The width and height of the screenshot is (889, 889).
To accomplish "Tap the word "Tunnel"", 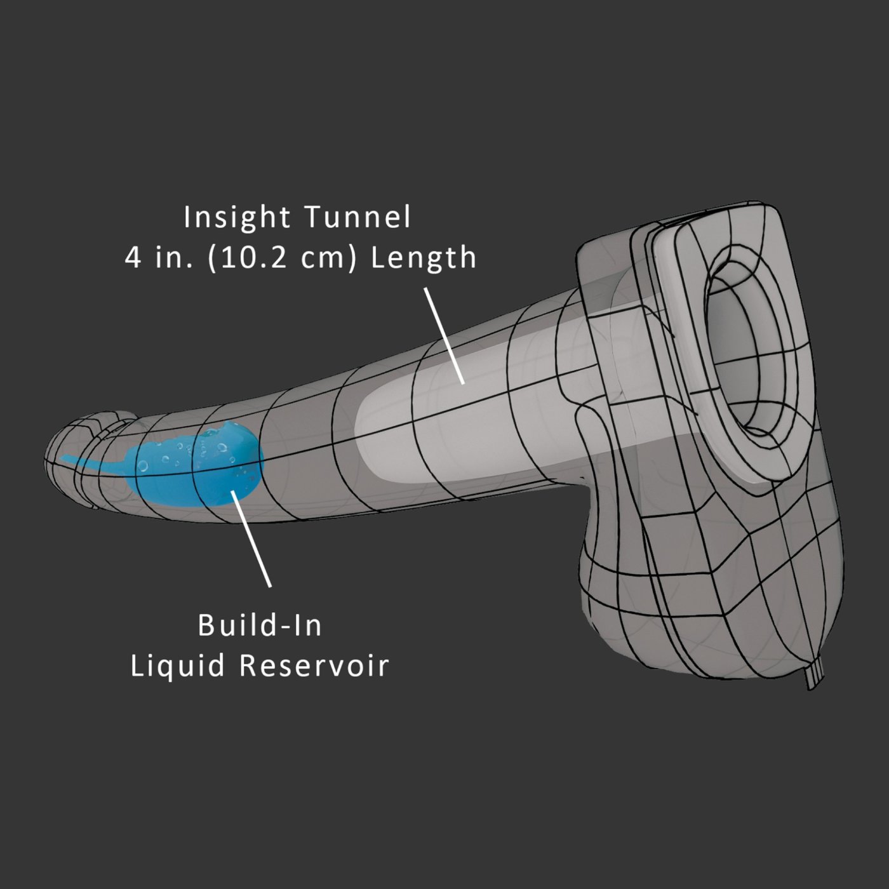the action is point(358,217).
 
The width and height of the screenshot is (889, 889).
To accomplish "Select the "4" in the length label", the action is point(133,258).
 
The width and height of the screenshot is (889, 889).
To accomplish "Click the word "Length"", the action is point(424,257).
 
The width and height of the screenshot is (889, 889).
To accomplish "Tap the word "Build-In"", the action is point(260,625).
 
